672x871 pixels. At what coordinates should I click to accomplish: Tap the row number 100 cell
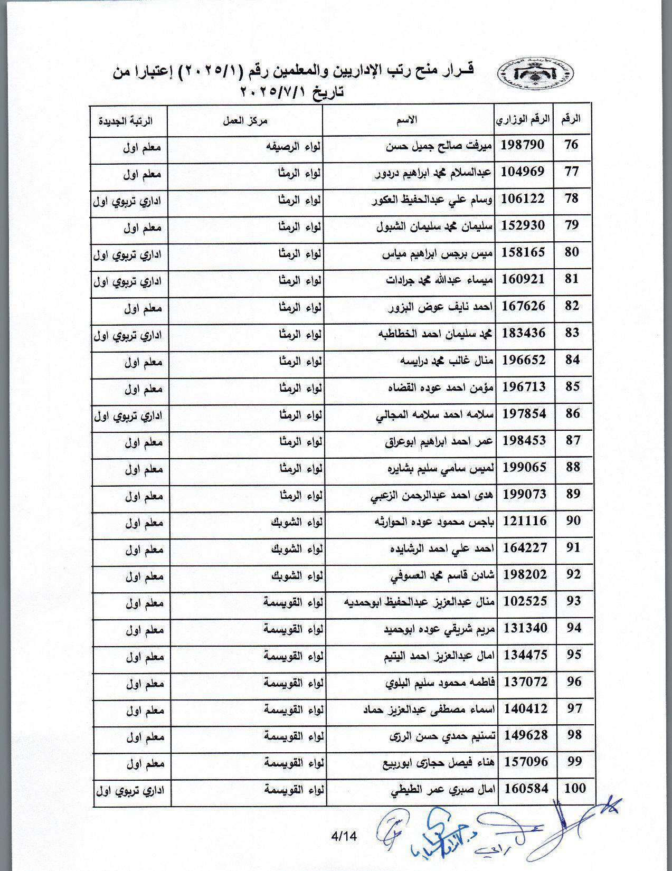point(574,789)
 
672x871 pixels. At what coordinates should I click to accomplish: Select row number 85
point(572,387)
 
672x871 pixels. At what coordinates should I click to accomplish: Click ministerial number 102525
point(525,601)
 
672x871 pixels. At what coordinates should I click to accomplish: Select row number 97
point(573,708)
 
